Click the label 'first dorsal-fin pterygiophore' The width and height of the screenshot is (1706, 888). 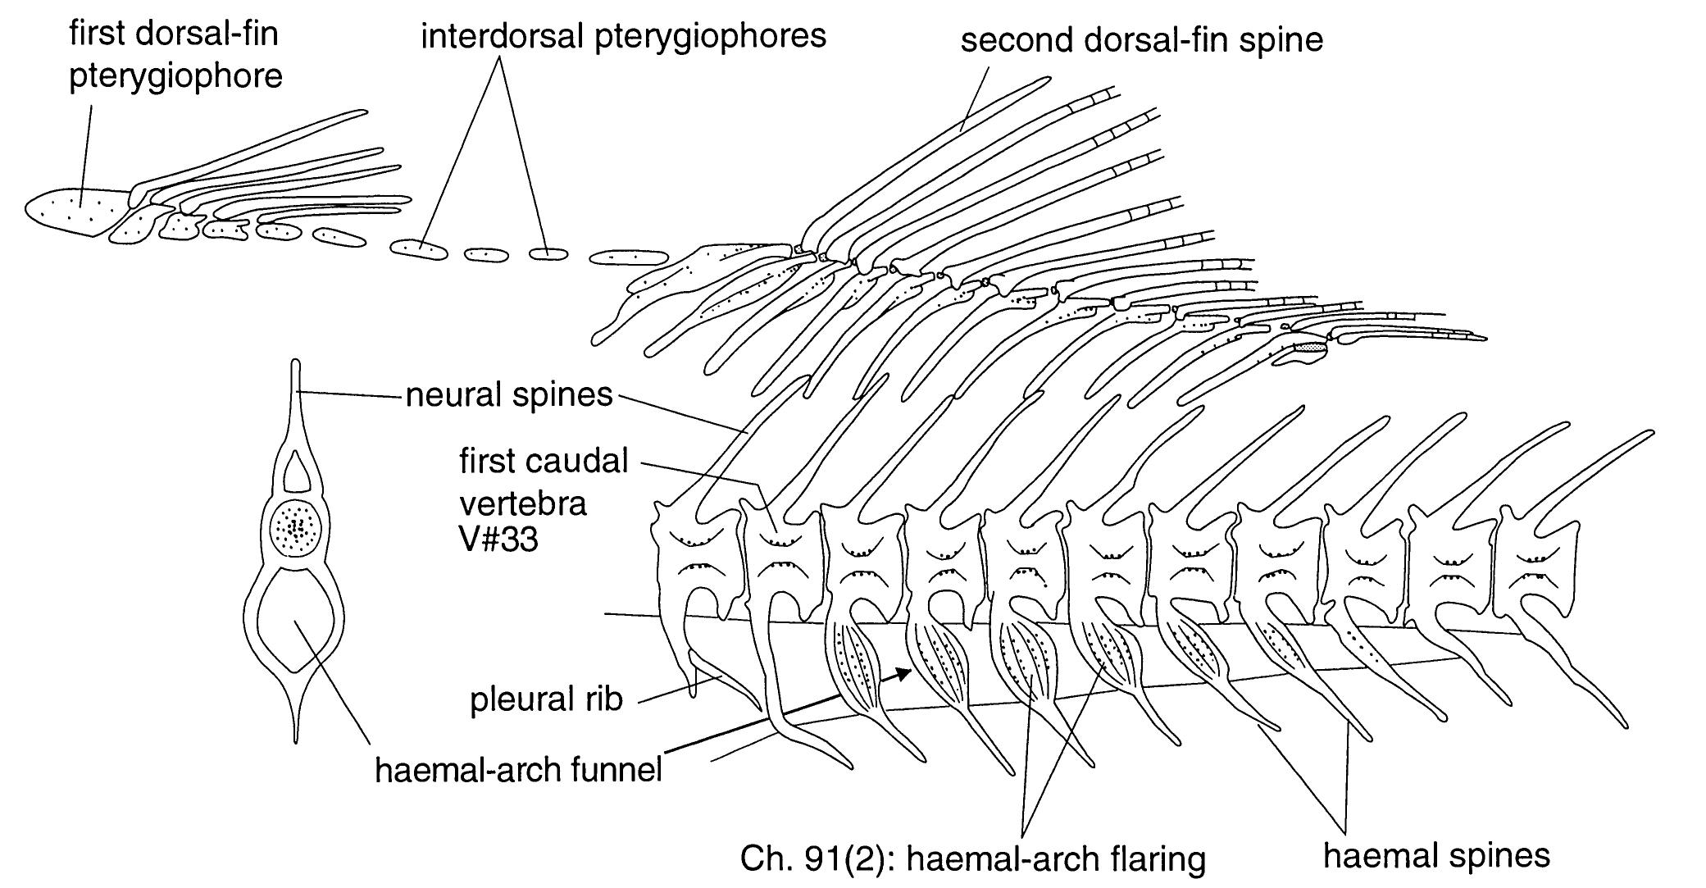coord(175,56)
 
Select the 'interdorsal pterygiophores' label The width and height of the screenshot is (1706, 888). coord(623,37)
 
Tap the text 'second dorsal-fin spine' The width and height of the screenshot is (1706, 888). coord(1141,39)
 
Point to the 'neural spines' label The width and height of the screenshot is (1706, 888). coord(509,395)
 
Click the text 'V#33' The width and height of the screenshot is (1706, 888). coord(498,540)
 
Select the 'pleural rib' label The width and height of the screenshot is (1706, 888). coord(546,699)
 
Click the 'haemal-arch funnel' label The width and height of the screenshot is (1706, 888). coord(518,771)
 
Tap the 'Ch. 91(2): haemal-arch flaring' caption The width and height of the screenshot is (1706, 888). coord(972,859)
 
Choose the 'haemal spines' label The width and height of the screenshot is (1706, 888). coord(1436,856)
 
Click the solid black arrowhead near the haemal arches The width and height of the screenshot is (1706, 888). coord(903,674)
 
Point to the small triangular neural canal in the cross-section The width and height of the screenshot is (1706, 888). coord(297,473)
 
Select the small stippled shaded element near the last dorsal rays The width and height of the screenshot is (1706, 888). coord(1309,350)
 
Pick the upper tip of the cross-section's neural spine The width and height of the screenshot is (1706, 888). coord(296,365)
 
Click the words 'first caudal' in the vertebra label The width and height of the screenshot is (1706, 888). coord(544,462)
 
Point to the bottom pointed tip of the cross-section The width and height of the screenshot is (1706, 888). coord(297,740)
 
